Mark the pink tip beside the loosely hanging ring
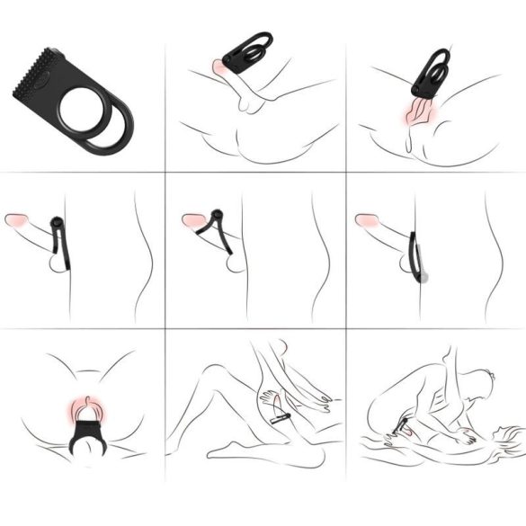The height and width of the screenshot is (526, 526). (x=16, y=219)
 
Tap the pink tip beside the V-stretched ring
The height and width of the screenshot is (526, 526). (x=191, y=219)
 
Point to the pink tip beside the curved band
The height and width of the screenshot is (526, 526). (x=366, y=219)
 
